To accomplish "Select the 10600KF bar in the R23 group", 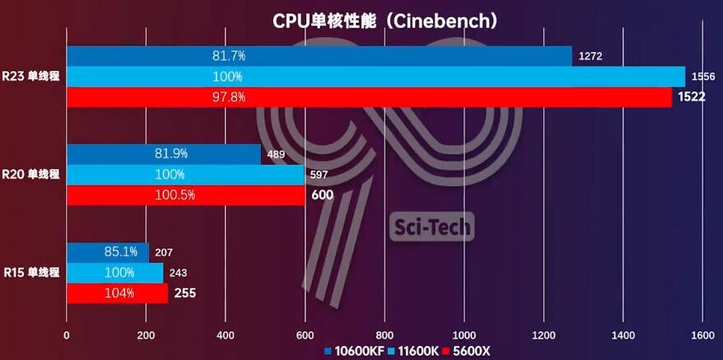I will pyautogui.click(x=319, y=56).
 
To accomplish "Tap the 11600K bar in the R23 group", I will pyautogui.click(x=375, y=77).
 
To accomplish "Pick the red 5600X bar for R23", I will pyautogui.click(x=369, y=97).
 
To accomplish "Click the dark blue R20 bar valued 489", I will pyautogui.click(x=163, y=154).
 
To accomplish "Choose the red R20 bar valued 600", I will pyautogui.click(x=185, y=195).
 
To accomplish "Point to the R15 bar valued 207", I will pyautogui.click(x=107, y=252).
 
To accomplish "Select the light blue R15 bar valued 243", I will pyautogui.click(x=114, y=273).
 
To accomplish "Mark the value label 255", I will pyautogui.click(x=184, y=293).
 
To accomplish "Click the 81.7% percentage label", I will pyautogui.click(x=229, y=56).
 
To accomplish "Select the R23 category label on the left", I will pyautogui.click(x=31, y=77).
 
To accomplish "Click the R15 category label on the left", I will pyautogui.click(x=31, y=273).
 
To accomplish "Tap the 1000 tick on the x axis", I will pyautogui.click(x=464, y=335).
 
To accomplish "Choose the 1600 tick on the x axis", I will pyautogui.click(x=702, y=335).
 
